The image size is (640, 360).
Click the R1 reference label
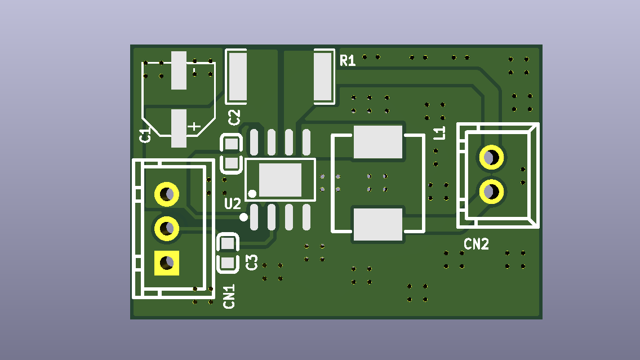click(x=348, y=60)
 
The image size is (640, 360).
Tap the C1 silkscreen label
click(x=145, y=135)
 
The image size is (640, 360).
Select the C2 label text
click(x=234, y=118)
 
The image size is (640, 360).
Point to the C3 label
click(x=252, y=262)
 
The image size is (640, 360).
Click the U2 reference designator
click(x=233, y=203)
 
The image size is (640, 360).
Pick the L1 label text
click(x=439, y=133)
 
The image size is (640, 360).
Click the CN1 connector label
click(x=229, y=296)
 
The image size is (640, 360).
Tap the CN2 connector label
click(x=476, y=244)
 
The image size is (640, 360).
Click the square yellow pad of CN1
click(x=167, y=263)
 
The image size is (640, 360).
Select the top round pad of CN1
click(x=167, y=194)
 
